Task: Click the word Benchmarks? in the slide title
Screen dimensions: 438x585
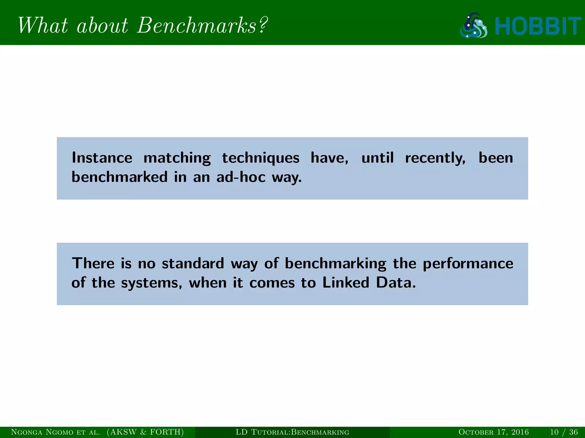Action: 202,26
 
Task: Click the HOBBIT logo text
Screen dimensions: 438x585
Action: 538,26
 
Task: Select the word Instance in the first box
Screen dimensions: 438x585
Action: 102,158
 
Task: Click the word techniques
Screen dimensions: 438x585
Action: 261,158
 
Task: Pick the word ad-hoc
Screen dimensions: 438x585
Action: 241,177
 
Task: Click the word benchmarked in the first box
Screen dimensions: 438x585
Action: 119,177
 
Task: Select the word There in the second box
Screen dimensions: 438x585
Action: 93,263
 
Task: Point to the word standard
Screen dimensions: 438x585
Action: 193,263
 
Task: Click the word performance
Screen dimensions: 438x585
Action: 468,264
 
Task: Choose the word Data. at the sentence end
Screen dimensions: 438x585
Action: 396,283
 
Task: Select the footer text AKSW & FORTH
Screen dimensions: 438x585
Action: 145,432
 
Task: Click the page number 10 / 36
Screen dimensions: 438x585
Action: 564,432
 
